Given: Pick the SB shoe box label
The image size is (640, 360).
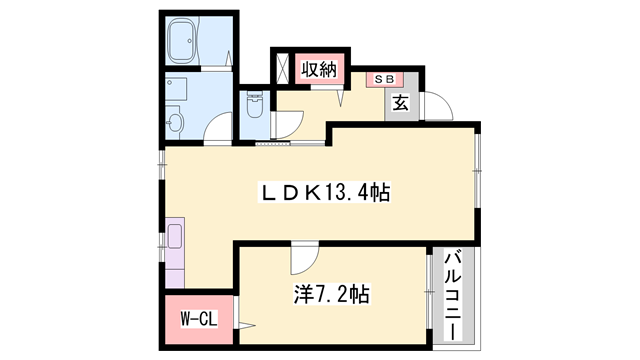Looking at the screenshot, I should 384,78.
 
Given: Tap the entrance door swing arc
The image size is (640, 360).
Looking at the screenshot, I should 437,105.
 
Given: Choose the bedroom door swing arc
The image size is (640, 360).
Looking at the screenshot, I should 300,259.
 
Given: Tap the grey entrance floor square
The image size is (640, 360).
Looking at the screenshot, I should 400,103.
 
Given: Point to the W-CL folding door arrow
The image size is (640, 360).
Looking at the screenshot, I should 245,321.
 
